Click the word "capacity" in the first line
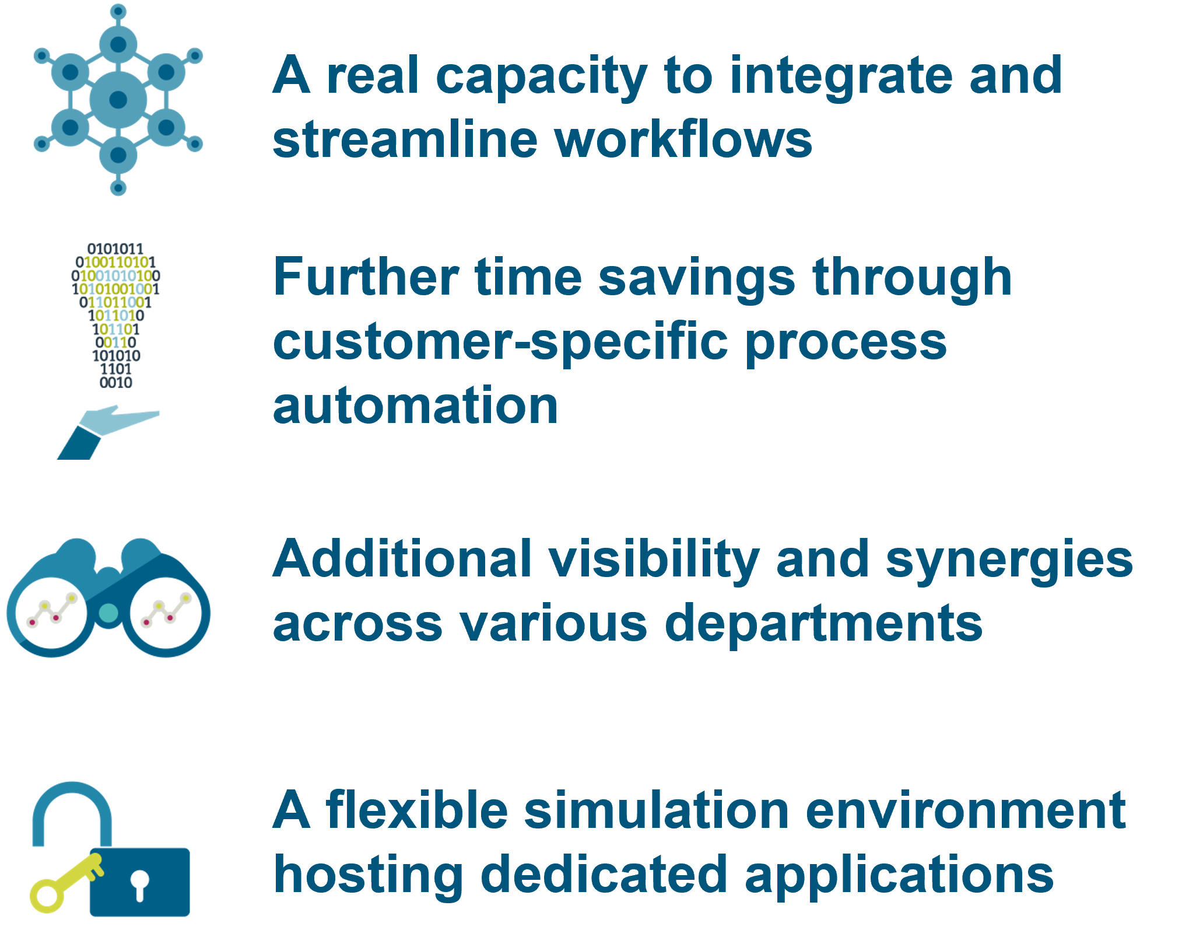pos(541,78)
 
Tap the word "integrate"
pos(840,78)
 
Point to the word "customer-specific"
pos(500,343)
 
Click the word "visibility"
pos(653,560)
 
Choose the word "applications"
pos(899,875)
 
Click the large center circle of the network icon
pos(118,99)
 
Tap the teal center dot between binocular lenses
pos(108,613)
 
